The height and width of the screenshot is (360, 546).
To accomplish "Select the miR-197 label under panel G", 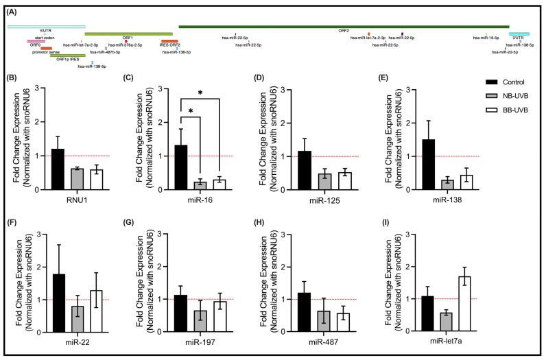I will pos(200,342).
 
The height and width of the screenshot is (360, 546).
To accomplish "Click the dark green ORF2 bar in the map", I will pos(343,27).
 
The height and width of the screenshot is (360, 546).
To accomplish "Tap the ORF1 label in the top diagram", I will pos(128,38).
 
